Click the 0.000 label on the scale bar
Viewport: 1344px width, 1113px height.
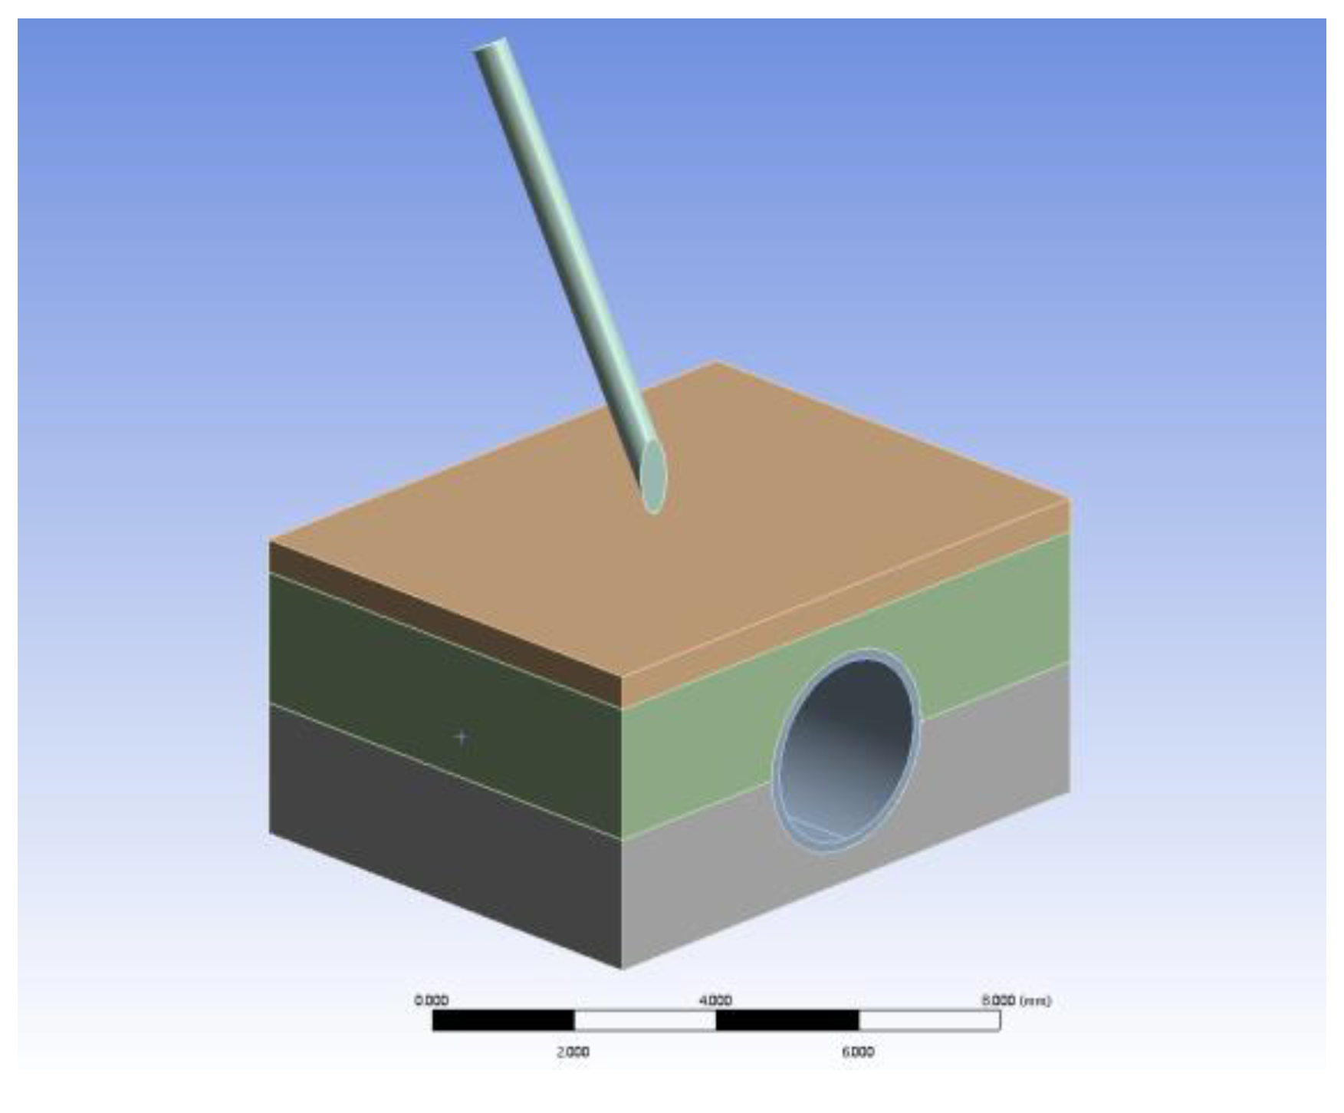431,1000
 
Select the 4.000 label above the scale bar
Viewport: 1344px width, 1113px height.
715,1000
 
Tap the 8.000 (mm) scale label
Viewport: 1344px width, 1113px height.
1015,1000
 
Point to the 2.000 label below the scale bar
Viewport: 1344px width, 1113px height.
573,1052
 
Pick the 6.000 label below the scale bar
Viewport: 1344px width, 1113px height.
857,1052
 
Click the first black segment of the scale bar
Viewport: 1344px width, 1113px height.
503,1020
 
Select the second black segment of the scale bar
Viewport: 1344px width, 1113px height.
787,1020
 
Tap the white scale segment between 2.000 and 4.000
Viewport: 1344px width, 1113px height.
645,1020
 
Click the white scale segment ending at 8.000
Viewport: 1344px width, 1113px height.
929,1020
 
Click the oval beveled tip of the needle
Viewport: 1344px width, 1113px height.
652,476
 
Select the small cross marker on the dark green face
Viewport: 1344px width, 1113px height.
461,737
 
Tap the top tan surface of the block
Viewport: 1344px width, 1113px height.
767,537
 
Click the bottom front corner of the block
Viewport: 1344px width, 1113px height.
621,969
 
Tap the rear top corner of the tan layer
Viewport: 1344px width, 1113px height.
715,362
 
